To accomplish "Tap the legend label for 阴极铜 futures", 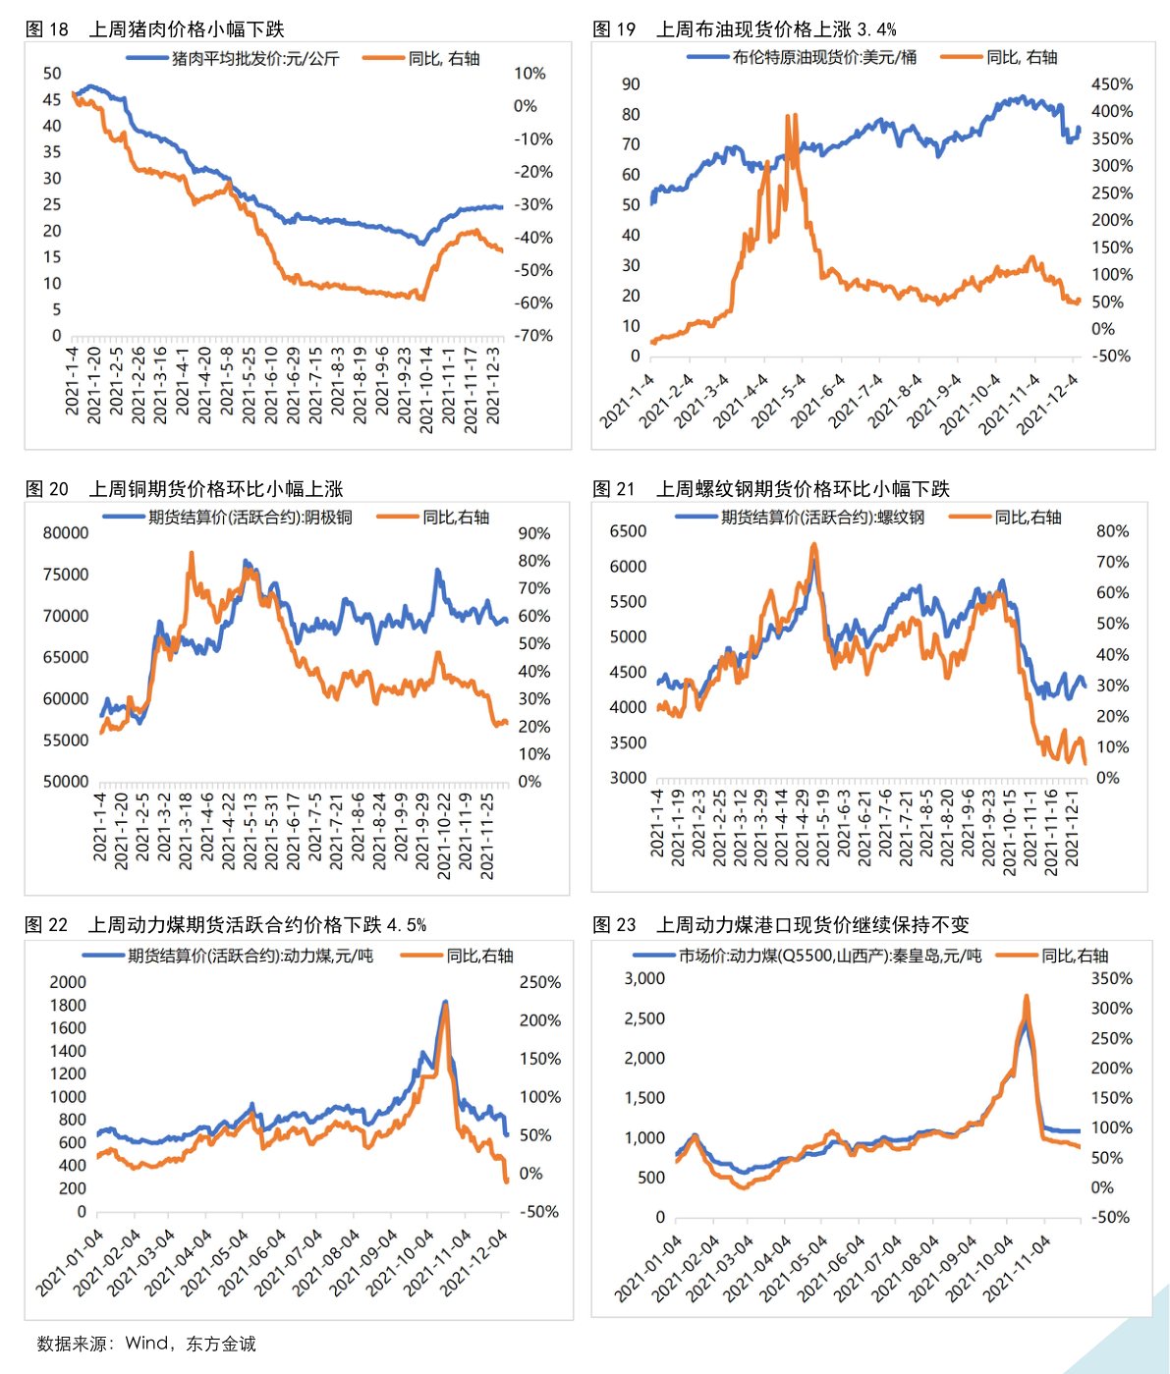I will click(x=250, y=518).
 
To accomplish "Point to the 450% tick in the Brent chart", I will click(x=1112, y=84).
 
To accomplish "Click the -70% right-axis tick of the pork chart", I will click(x=533, y=336).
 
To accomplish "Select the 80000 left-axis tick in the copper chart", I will click(x=66, y=533).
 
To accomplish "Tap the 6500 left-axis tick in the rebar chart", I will click(x=629, y=531).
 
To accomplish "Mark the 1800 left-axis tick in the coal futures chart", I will click(x=68, y=1005).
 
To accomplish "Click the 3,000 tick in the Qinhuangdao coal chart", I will click(x=645, y=978).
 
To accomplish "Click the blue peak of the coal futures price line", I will click(x=445, y=1003).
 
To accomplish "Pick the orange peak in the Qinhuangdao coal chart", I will click(x=1027, y=997).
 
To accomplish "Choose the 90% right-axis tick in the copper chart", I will click(x=534, y=533).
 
